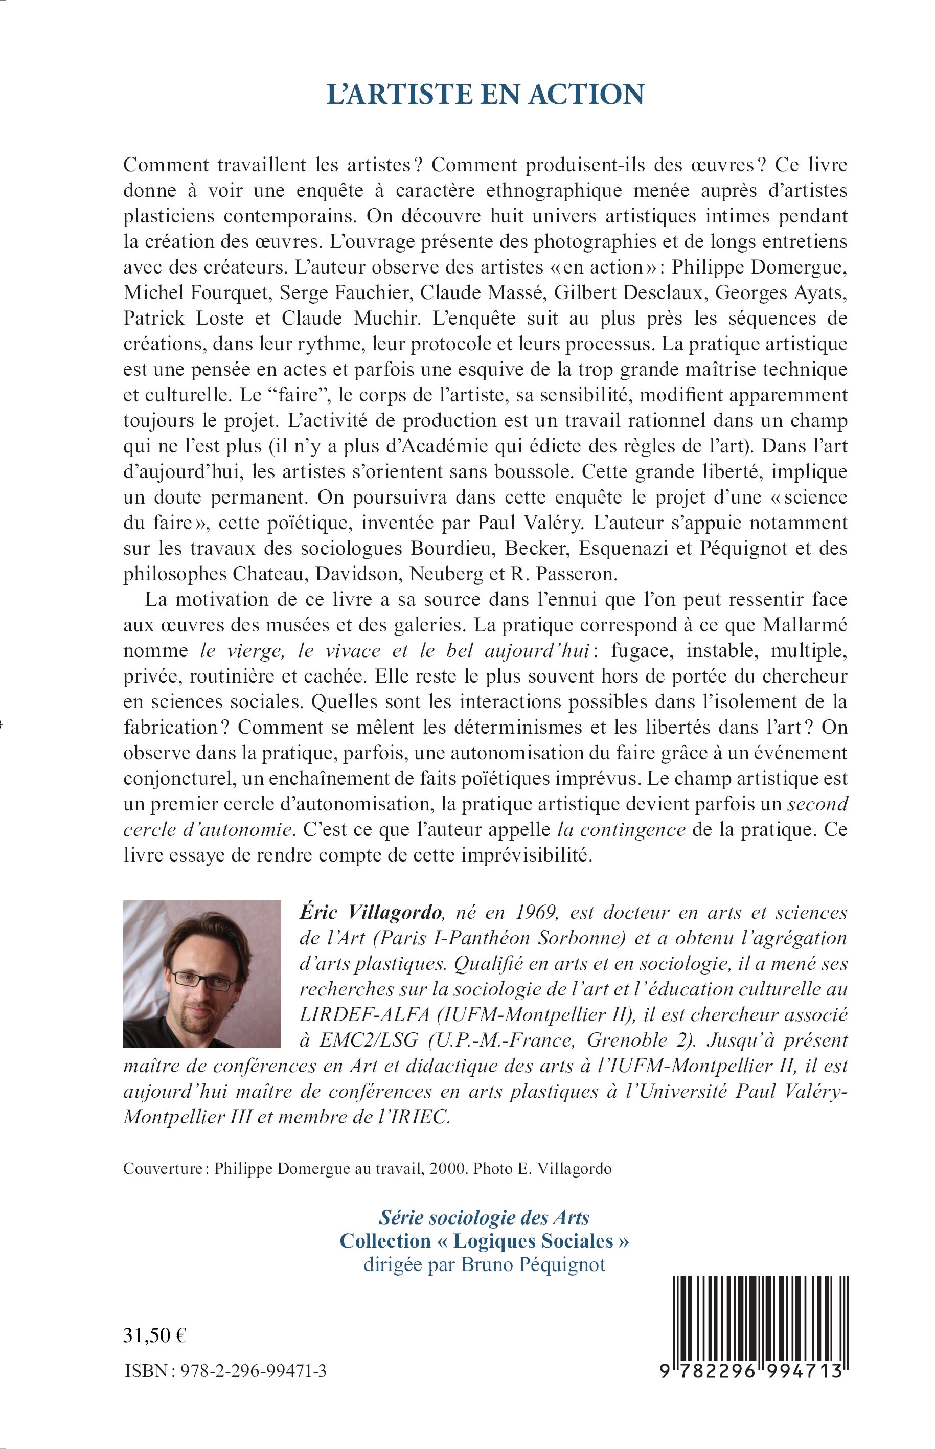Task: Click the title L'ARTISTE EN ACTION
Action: click(485, 95)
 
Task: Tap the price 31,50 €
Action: click(155, 1335)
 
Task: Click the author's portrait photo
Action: click(201, 983)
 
